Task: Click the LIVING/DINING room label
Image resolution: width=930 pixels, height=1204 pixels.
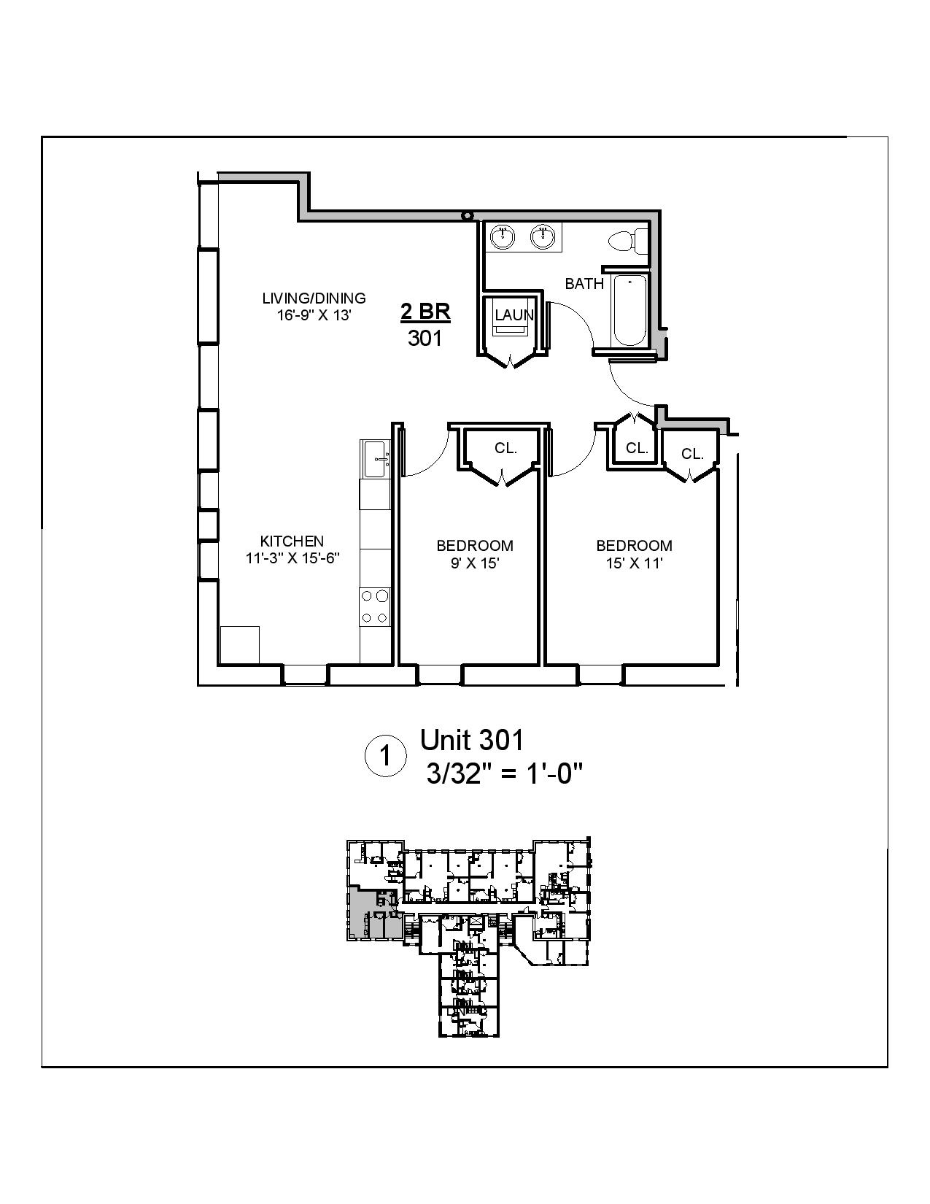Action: [314, 298]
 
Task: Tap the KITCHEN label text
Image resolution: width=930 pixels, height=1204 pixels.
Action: [292, 541]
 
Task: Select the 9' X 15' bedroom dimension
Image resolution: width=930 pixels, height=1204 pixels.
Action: [475, 563]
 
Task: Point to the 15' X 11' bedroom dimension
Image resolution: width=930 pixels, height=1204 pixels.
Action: [634, 563]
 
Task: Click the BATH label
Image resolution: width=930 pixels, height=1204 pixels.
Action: [584, 283]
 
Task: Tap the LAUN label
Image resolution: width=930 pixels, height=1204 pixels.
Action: [514, 315]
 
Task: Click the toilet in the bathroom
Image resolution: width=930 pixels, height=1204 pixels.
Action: [626, 240]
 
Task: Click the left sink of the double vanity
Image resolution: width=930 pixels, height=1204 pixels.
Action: [502, 237]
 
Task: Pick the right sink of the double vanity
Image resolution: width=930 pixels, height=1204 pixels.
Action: [540, 237]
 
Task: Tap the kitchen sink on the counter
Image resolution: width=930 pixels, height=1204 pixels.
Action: [376, 459]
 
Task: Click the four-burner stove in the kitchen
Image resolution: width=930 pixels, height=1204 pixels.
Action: [375, 607]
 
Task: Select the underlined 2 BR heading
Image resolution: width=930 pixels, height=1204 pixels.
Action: [425, 312]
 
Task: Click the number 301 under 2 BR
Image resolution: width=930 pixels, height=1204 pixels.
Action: [425, 338]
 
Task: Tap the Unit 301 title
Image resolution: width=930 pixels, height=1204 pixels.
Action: [472, 740]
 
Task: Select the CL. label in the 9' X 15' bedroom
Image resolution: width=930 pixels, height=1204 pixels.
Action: [505, 448]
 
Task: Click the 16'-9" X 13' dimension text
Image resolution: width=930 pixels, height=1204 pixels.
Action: [314, 315]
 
